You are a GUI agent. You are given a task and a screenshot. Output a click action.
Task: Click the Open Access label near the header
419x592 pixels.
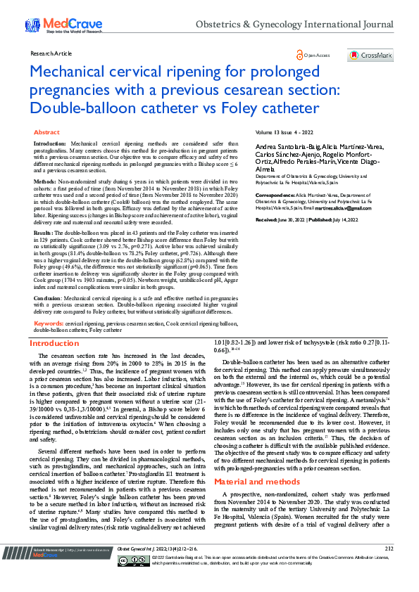[315, 55]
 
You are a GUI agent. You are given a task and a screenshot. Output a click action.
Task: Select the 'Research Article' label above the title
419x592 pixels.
[51, 53]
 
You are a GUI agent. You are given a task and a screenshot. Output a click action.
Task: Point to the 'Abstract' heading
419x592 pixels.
[46, 132]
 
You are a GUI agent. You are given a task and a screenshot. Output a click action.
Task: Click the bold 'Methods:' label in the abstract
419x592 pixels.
[46, 181]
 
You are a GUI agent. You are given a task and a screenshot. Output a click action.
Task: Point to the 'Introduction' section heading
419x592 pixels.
[53, 344]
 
